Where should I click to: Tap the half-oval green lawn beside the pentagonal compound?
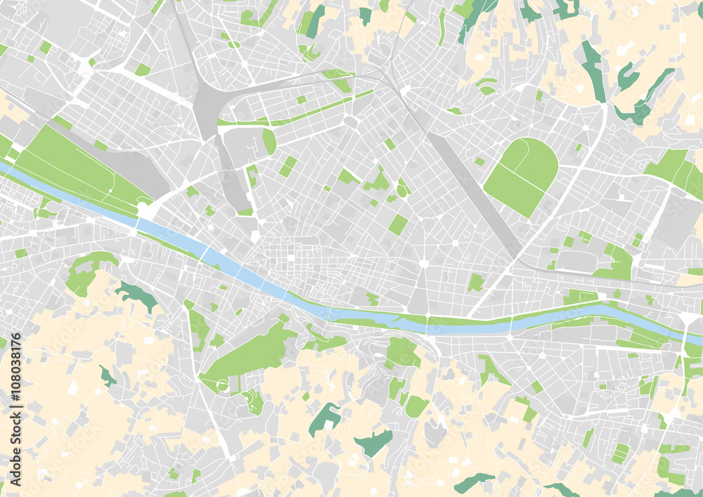click(269, 141)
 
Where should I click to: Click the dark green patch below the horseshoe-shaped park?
click(137, 295)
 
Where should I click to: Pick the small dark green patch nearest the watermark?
click(107, 376)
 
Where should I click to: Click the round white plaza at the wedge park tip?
click(145, 209)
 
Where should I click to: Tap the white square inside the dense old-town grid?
click(290, 258)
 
